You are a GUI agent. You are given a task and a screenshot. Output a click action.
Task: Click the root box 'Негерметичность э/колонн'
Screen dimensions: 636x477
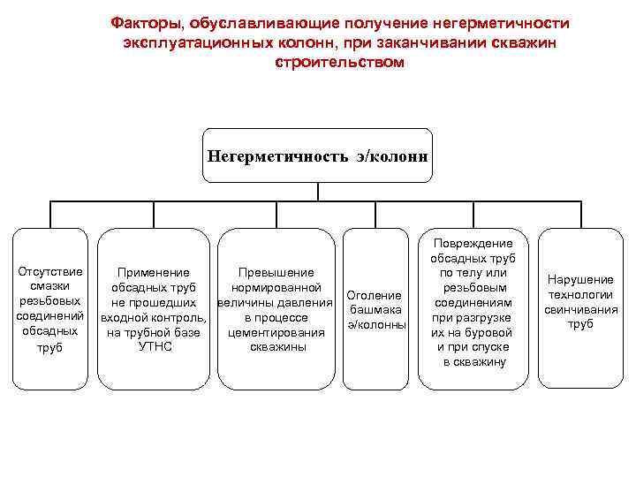click(x=317, y=155)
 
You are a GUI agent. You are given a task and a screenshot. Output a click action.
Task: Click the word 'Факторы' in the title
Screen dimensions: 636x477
click(x=143, y=23)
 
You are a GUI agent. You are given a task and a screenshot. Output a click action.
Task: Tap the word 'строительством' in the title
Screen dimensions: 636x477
click(x=339, y=63)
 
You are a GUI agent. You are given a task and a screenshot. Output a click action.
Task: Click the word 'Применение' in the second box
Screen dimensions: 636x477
click(x=154, y=273)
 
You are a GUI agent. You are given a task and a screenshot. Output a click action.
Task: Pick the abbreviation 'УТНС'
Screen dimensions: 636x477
click(x=155, y=347)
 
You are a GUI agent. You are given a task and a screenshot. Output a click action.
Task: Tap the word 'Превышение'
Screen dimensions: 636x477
click(x=276, y=273)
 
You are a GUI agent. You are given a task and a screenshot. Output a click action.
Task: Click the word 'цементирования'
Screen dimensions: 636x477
click(x=276, y=332)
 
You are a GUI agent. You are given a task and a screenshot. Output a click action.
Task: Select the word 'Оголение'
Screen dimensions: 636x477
click(x=375, y=295)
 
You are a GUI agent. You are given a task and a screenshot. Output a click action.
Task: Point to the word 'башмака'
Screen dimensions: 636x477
click(x=375, y=310)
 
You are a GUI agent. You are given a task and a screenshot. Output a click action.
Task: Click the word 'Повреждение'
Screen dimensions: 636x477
click(x=473, y=243)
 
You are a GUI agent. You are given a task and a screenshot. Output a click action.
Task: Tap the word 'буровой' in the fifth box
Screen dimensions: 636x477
click(x=492, y=332)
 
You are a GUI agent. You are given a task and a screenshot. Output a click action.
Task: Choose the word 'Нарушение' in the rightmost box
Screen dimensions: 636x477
click(x=580, y=280)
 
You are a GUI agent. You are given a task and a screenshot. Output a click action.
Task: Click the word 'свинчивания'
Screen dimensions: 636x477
click(x=580, y=310)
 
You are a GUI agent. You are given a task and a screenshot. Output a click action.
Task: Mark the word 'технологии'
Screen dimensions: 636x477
click(x=580, y=295)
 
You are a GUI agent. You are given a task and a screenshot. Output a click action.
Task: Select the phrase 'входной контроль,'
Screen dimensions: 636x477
click(x=154, y=318)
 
